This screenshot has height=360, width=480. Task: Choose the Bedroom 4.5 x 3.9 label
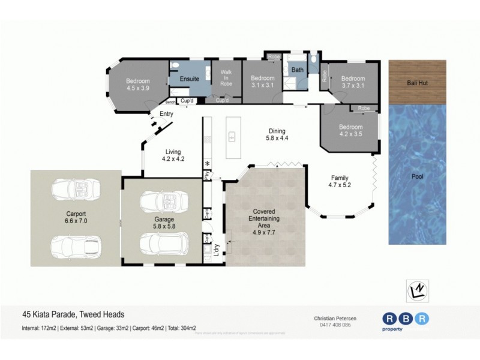[x=137, y=85]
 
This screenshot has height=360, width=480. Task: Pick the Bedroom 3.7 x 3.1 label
[x=353, y=82]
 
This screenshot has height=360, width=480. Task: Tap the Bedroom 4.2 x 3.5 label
[x=350, y=130]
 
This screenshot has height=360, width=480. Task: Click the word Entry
[x=166, y=114]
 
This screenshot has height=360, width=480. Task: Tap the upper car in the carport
[x=76, y=190]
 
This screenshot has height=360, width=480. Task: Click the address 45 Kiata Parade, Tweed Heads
[x=73, y=314]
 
